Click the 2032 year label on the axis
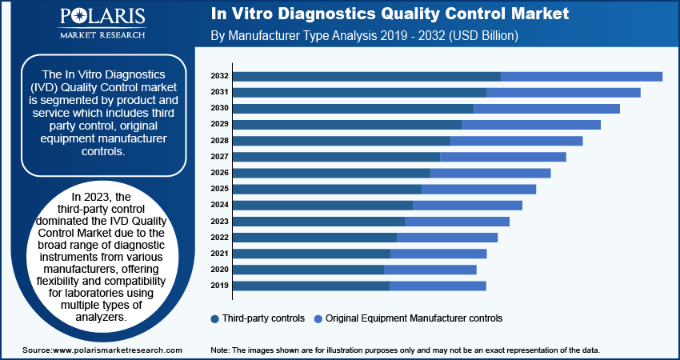[220, 76]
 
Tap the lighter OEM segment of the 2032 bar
[582, 76]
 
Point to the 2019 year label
[220, 286]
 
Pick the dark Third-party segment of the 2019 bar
[311, 286]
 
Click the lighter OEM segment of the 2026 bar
[490, 173]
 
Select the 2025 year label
[220, 189]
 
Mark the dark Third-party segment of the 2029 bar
[347, 125]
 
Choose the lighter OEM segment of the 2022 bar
[447, 238]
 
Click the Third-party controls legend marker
[215, 318]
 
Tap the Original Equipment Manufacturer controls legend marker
[319, 318]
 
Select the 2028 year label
[220, 141]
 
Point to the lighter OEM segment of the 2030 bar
[546, 109]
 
